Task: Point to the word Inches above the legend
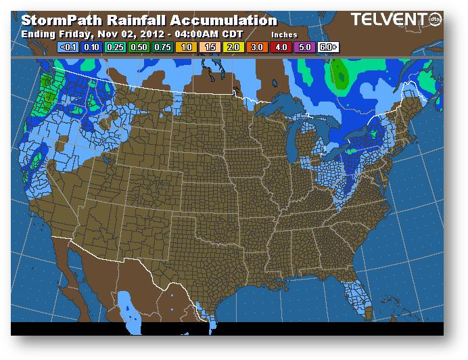[284, 34]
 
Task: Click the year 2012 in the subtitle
[141, 33]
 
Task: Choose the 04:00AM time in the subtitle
[187, 33]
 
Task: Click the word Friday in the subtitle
[72, 33]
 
